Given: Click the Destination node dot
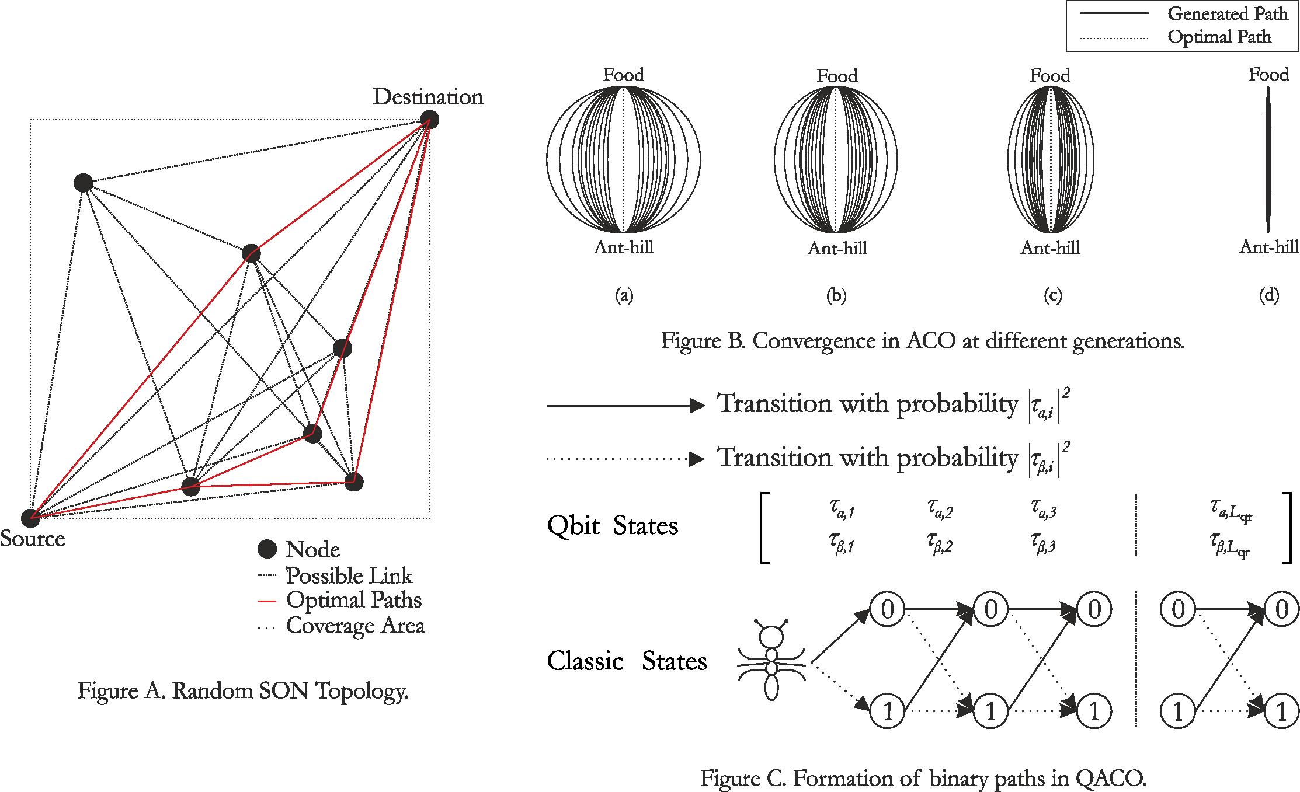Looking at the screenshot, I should coord(430,119).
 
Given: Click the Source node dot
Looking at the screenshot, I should coord(30,518).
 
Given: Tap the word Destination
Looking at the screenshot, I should coord(428,97).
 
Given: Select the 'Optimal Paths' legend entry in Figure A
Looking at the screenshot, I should coord(353,600).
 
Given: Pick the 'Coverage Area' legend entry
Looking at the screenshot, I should coord(355,626).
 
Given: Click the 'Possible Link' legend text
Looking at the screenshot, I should coord(349,576).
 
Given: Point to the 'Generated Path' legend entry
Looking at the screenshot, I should coord(1228,13).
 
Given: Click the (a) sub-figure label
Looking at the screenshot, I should coord(624,296).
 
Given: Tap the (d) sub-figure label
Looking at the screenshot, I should coord(1269,296).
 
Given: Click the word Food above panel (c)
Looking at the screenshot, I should coord(1050,75).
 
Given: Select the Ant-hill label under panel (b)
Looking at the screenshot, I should coord(837,249).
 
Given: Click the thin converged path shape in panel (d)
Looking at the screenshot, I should coord(1268,160).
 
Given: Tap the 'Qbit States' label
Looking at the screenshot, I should coord(613,526).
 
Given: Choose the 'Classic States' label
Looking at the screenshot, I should coord(627,661).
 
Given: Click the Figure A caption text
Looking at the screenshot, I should coord(243,691).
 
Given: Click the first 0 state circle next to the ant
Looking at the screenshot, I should coord(887,610).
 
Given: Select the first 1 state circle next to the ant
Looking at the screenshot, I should coord(887,711).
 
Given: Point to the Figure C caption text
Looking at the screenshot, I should coord(923,779).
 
